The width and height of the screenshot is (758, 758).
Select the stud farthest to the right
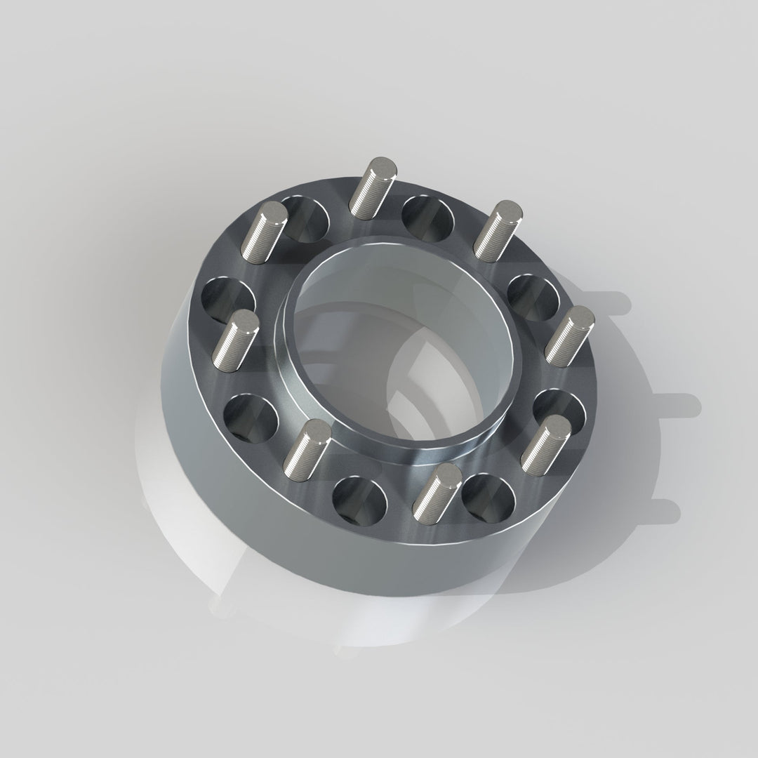569,335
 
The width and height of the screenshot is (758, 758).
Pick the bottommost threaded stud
436,489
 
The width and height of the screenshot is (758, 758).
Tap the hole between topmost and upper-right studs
429,217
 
